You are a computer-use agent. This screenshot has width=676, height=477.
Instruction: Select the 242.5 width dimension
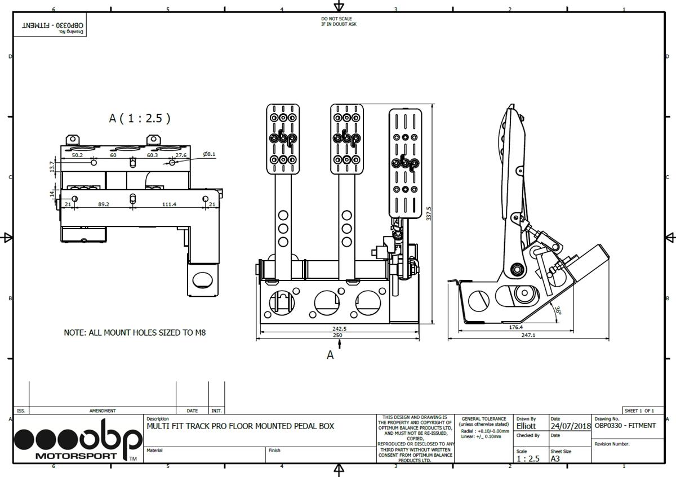(x=340, y=328)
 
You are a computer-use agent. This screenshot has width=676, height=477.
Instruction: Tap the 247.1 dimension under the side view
(x=528, y=335)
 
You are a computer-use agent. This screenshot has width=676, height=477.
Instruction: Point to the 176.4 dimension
(x=515, y=327)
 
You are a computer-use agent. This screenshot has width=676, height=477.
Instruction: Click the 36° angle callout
(x=557, y=310)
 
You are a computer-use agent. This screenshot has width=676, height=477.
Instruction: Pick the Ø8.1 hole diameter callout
(x=210, y=154)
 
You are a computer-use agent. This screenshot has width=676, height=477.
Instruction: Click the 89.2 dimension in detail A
(x=104, y=204)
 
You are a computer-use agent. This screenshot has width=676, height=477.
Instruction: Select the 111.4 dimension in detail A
(x=169, y=204)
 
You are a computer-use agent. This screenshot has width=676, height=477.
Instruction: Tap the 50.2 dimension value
(x=77, y=155)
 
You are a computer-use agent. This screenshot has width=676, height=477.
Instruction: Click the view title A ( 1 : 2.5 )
(x=139, y=118)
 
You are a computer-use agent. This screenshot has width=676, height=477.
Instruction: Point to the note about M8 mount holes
(x=135, y=333)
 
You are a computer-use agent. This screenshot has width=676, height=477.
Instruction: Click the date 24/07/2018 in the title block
(x=570, y=426)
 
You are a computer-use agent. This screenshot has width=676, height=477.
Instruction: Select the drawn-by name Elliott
(x=526, y=426)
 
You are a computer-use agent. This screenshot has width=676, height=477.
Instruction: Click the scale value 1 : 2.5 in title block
(x=528, y=458)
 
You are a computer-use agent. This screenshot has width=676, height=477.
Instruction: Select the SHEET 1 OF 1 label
(x=639, y=411)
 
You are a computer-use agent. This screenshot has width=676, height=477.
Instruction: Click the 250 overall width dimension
(x=337, y=336)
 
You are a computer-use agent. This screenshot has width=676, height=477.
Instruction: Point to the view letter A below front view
(x=330, y=355)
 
